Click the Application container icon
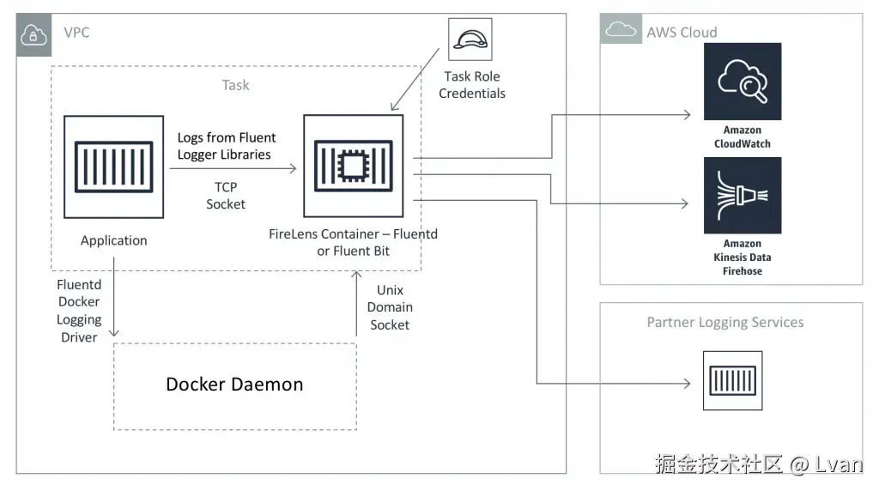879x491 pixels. click(x=114, y=167)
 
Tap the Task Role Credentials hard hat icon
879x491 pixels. click(x=471, y=39)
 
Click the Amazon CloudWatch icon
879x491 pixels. click(x=743, y=82)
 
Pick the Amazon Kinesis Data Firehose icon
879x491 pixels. click(x=743, y=195)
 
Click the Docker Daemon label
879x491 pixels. click(x=234, y=385)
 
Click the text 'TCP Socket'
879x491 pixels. click(x=226, y=196)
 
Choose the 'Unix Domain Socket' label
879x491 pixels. click(x=390, y=307)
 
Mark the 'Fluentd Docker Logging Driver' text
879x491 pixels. click(x=79, y=311)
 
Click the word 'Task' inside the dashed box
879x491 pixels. click(x=235, y=85)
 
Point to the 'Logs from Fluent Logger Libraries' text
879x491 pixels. click(x=226, y=146)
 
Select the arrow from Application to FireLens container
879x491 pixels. click(x=233, y=169)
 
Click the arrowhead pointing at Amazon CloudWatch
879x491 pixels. click(x=687, y=114)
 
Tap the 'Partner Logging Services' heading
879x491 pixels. click(x=725, y=323)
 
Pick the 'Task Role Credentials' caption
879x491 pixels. click(x=472, y=85)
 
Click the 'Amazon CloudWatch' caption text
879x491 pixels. click(x=743, y=137)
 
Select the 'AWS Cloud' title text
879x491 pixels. click(x=682, y=33)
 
